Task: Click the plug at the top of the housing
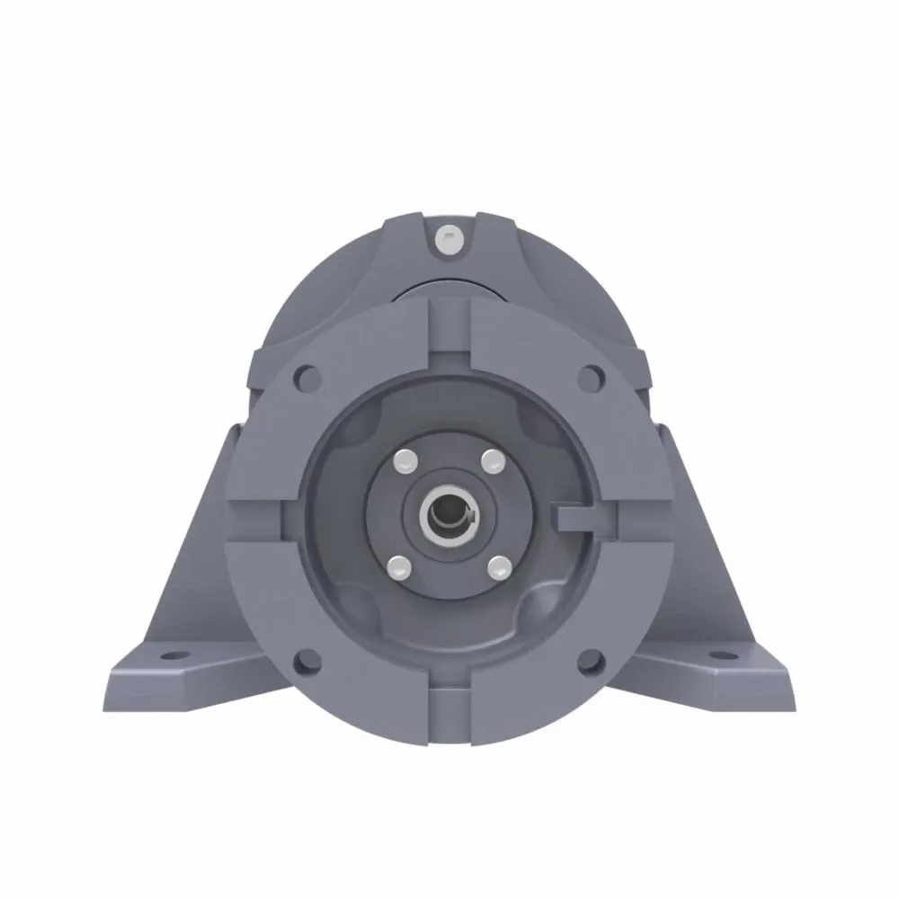(x=449, y=238)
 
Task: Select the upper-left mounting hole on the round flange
(x=307, y=375)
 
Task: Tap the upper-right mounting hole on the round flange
(x=591, y=375)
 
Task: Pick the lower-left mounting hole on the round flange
(x=307, y=662)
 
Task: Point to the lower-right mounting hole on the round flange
(x=591, y=662)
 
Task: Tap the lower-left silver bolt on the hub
(x=400, y=565)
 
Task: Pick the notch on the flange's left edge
(x=257, y=520)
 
